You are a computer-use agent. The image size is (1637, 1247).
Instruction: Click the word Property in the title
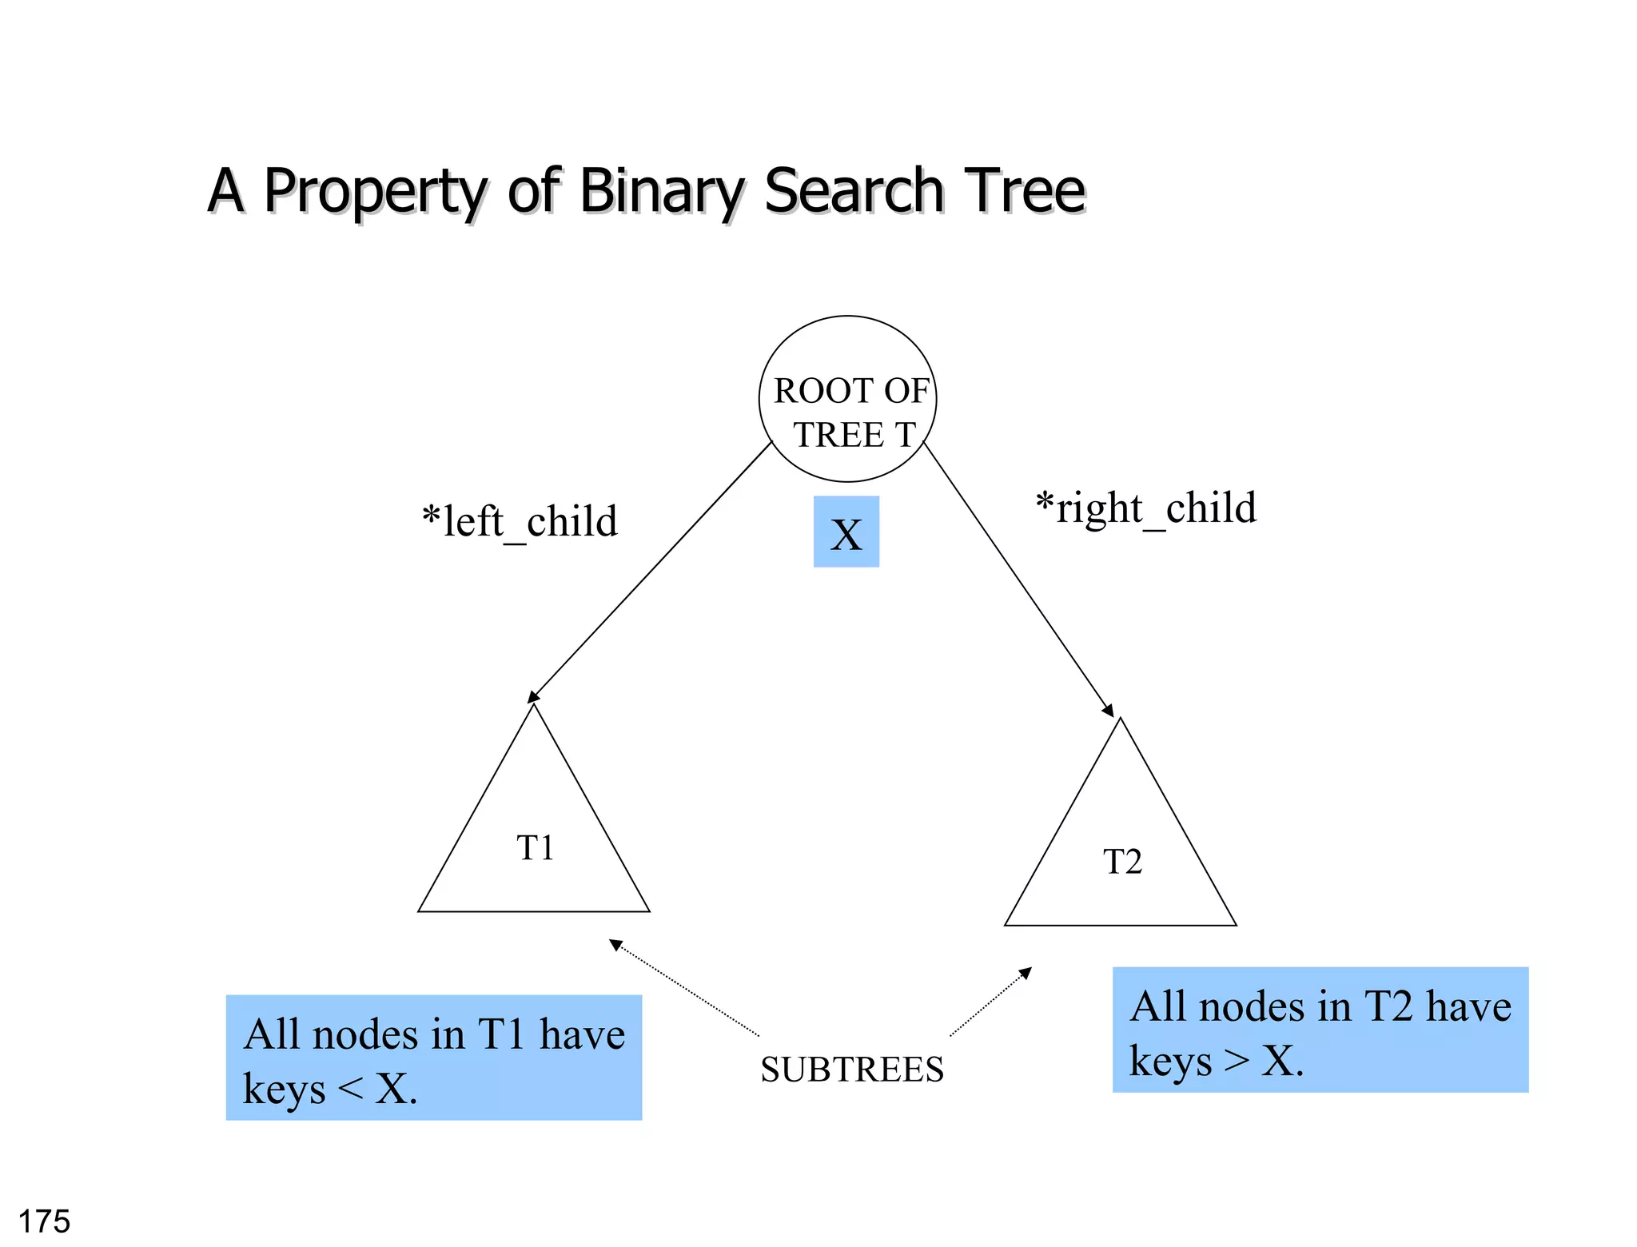(374, 192)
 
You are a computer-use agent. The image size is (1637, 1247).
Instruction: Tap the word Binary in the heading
(662, 192)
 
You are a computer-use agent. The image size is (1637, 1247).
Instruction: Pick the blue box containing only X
(846, 532)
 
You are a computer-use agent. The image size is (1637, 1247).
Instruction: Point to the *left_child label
(520, 522)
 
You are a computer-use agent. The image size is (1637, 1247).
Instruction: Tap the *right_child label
(1145, 508)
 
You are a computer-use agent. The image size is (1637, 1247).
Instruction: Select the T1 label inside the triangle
(535, 848)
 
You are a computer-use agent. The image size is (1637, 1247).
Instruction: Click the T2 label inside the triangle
(1122, 863)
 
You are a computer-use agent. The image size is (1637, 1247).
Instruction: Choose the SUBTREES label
(852, 1070)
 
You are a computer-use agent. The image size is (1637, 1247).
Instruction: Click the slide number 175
(44, 1221)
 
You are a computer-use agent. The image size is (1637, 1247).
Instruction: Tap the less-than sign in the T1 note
(350, 1088)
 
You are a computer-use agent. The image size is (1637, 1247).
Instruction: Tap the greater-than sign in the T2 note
(1237, 1061)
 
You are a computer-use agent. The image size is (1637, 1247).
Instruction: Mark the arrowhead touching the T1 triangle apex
(533, 697)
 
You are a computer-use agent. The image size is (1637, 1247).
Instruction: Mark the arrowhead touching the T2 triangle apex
(1108, 711)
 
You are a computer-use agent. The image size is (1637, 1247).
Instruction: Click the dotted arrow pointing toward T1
(685, 989)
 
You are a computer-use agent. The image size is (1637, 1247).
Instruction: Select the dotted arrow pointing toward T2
(990, 1002)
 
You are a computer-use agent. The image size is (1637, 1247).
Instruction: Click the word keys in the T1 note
(284, 1089)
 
